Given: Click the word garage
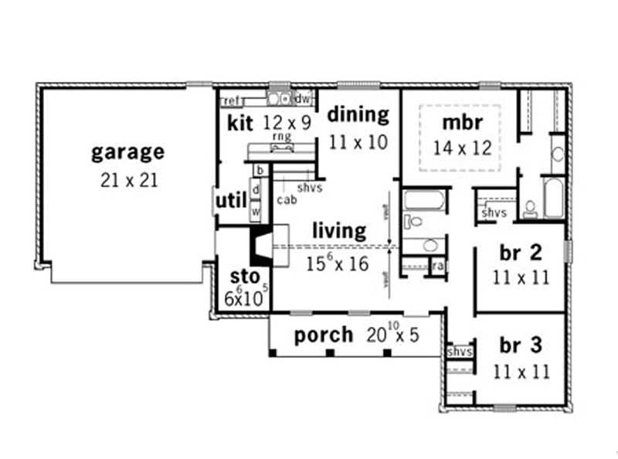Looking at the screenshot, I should pyautogui.click(x=127, y=151).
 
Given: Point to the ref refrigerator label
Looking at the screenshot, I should pyautogui.click(x=231, y=100).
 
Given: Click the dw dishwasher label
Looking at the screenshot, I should pyautogui.click(x=303, y=99).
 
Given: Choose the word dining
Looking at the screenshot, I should pyautogui.click(x=358, y=114).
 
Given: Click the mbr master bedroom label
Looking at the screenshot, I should pyautogui.click(x=462, y=122).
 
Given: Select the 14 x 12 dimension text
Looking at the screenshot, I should pyautogui.click(x=462, y=147).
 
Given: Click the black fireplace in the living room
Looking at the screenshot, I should pyautogui.click(x=258, y=246).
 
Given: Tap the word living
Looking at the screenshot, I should pyautogui.click(x=339, y=230).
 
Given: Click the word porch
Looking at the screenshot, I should pyautogui.click(x=324, y=335).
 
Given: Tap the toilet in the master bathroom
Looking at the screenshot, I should pyautogui.click(x=531, y=208).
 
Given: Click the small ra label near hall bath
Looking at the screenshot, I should pyautogui.click(x=437, y=266).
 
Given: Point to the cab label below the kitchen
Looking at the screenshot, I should pyautogui.click(x=287, y=199).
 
